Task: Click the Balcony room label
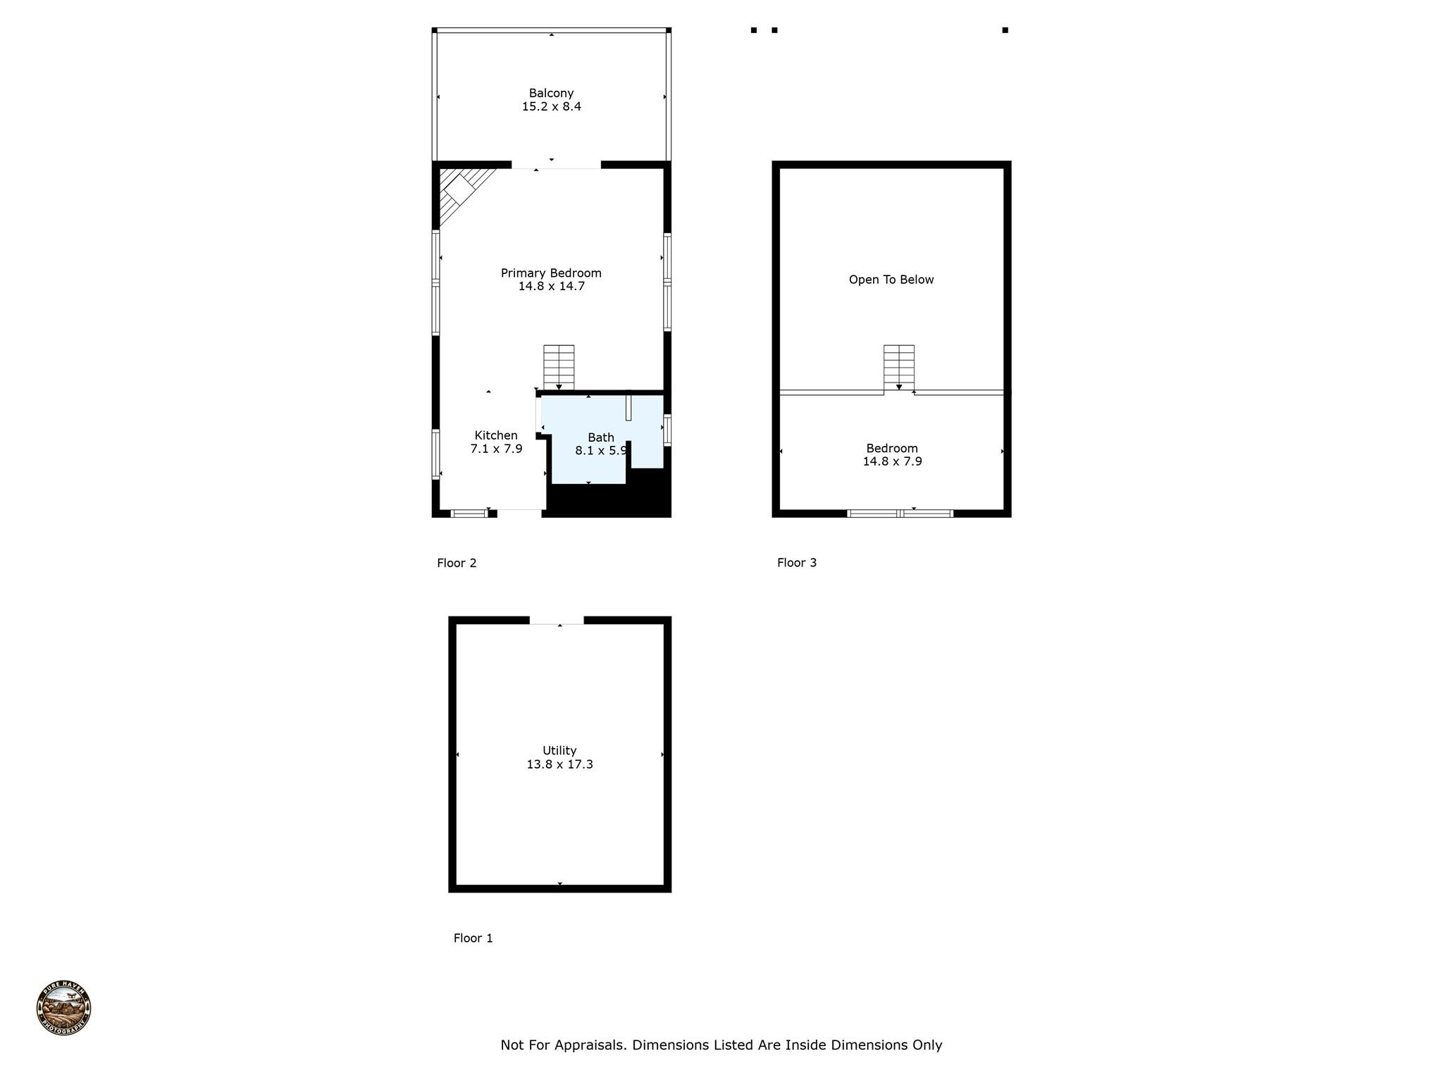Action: coord(551,93)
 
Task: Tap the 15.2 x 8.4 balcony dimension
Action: coord(551,107)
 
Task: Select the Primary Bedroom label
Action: coord(551,273)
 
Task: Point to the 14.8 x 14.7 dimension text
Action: coord(551,287)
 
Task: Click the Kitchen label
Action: coord(496,435)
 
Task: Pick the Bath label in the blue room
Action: coord(601,437)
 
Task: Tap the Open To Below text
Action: coord(891,280)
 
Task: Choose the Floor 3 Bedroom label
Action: coord(892,448)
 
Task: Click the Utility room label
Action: coord(559,751)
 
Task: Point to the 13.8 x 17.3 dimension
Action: coord(559,764)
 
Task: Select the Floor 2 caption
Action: coord(457,563)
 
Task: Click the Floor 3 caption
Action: coord(797,563)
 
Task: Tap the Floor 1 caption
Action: coord(473,938)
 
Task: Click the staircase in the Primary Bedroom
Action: coord(559,367)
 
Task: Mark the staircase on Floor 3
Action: coord(899,367)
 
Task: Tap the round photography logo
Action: coord(63,1008)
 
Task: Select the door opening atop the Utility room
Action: coord(557,621)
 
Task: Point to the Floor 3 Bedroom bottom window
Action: coord(900,514)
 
